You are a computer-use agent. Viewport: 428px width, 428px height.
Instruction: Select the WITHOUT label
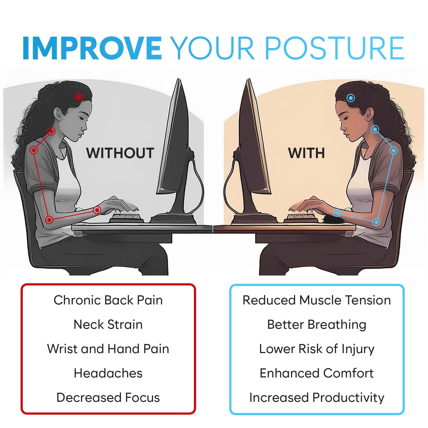click(x=120, y=153)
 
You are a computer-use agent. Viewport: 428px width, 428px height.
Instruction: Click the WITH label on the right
click(x=307, y=153)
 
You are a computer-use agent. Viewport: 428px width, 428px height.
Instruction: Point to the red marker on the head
click(x=79, y=97)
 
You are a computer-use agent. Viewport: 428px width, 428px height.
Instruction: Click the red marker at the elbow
click(x=49, y=220)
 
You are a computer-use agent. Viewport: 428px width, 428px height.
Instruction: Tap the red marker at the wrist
click(x=97, y=210)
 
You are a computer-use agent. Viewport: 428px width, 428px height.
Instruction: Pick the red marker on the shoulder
click(x=34, y=150)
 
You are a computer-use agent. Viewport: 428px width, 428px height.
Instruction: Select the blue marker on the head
click(x=351, y=98)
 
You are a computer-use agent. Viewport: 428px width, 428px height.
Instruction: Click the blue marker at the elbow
click(x=376, y=222)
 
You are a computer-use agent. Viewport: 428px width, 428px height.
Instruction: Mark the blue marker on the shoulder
click(x=393, y=151)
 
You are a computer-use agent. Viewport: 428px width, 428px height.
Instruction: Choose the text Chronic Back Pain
click(x=108, y=300)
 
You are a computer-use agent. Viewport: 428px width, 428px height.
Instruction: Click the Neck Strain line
click(x=108, y=324)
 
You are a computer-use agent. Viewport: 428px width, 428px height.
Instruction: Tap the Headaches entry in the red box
click(x=108, y=373)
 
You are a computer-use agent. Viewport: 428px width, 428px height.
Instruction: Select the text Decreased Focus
click(x=108, y=398)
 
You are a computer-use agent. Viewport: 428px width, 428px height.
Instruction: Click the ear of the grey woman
click(x=57, y=114)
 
